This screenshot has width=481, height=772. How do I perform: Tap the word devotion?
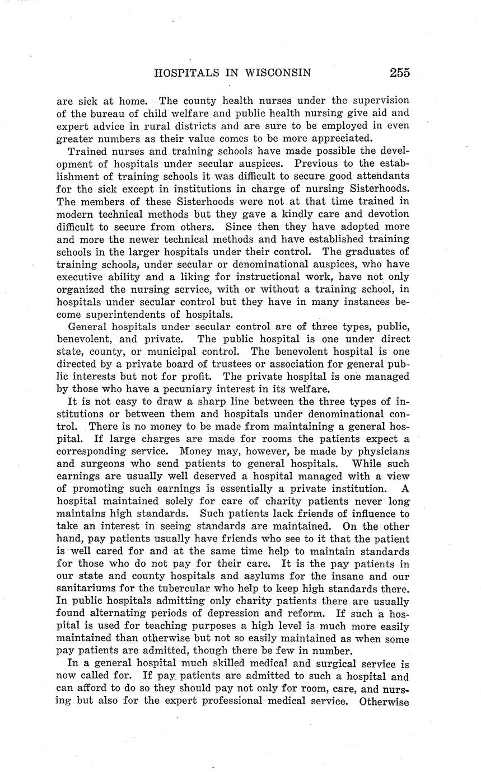(386, 214)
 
